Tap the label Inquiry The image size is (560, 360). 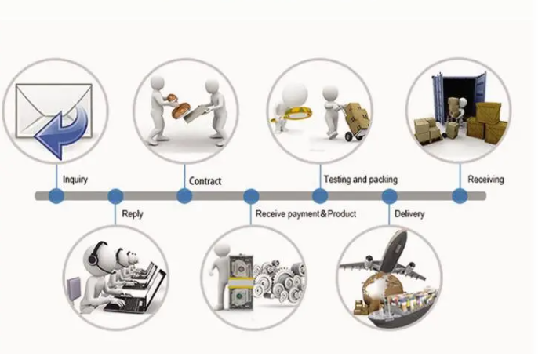click(75, 180)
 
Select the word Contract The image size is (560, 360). click(205, 181)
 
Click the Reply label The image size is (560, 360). click(133, 214)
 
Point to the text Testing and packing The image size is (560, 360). click(360, 180)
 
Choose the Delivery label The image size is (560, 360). click(409, 214)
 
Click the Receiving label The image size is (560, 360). click(485, 180)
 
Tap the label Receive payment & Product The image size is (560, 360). click(306, 214)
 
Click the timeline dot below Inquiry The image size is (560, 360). click(56, 196)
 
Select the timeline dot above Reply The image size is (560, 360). click(115, 196)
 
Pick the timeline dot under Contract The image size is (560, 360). click(184, 196)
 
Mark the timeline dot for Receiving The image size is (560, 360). click(460, 196)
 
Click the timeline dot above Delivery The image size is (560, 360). click(389, 196)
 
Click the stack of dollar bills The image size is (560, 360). click(240, 282)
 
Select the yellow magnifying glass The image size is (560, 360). click(292, 115)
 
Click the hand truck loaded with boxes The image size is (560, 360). click(355, 122)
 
